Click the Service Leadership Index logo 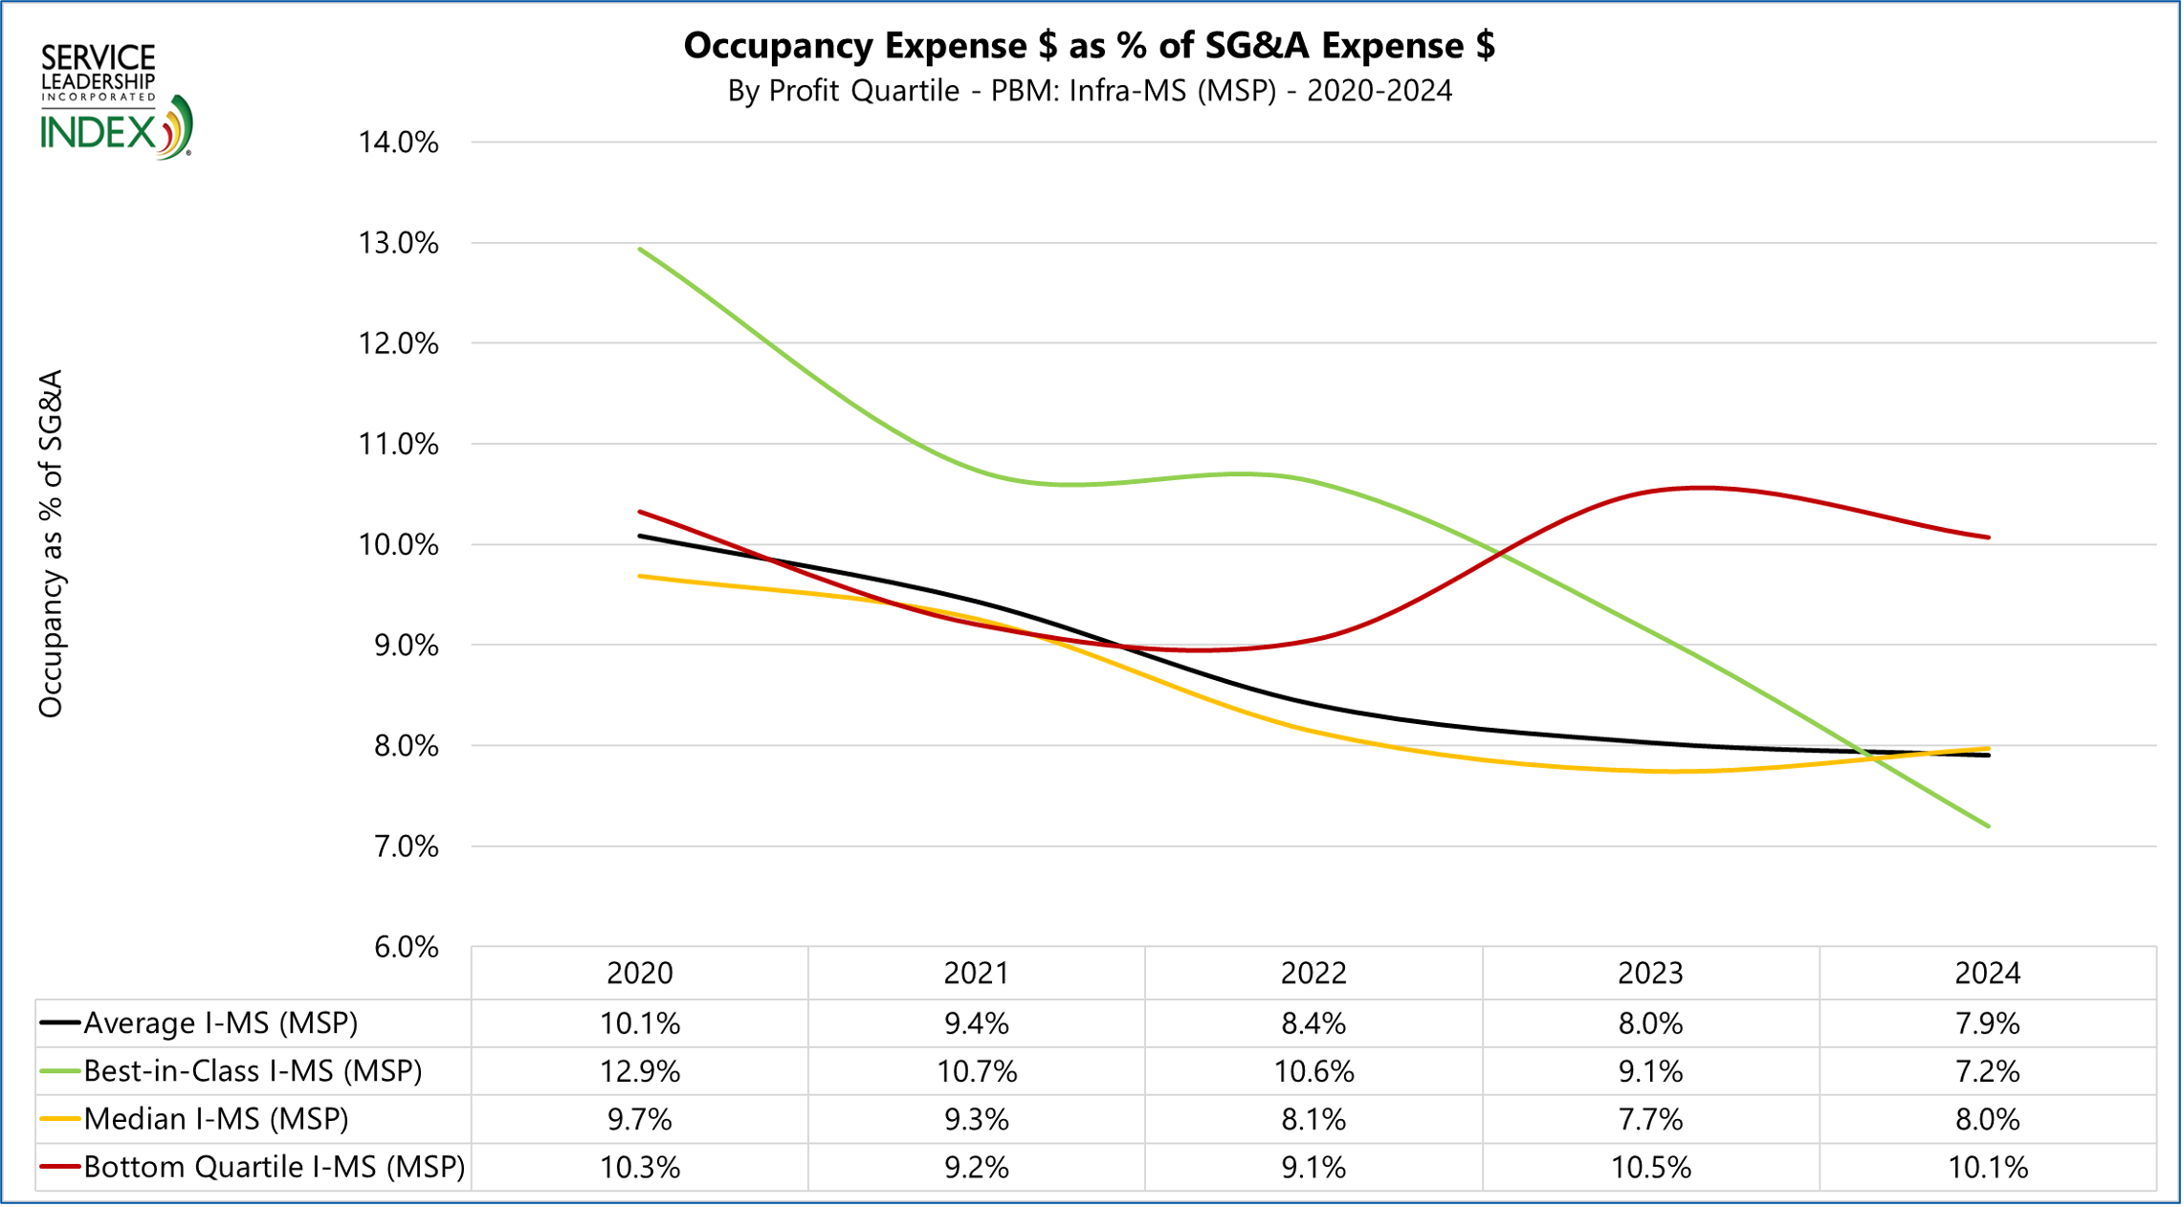116,100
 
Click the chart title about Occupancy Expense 1089,45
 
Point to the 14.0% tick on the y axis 398,143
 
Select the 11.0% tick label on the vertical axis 398,444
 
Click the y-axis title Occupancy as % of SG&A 50,543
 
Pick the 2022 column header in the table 1313,973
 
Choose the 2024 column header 1987,973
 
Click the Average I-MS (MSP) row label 220,1023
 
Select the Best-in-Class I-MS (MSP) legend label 253,1071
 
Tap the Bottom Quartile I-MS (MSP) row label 274,1167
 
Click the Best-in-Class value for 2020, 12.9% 640,1071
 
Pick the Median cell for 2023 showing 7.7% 1650,1119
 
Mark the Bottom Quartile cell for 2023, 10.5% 1650,1167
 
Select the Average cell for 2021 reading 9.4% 977,1023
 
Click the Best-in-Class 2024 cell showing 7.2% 1987,1071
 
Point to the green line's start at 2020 640,250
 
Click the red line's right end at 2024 1988,538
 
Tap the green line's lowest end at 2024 1988,825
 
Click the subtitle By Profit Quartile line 1089,91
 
